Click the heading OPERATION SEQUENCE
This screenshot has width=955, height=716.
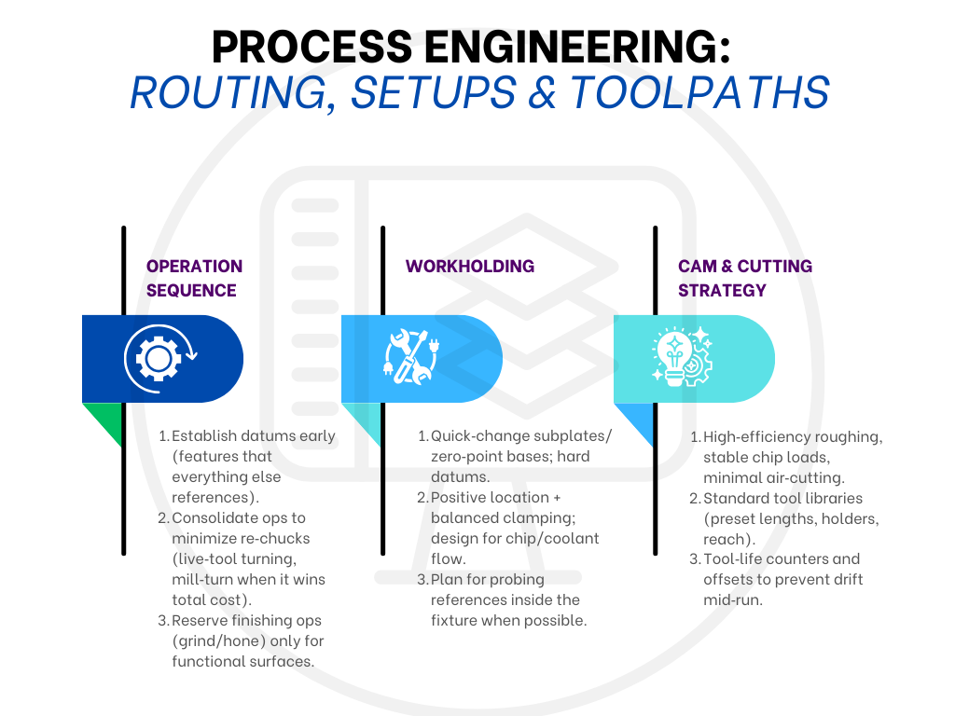click(194, 278)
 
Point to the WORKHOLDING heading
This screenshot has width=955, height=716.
click(470, 267)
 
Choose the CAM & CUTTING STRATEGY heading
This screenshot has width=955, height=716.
click(744, 278)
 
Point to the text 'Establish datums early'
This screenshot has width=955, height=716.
click(253, 436)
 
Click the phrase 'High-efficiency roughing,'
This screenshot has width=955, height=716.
click(792, 437)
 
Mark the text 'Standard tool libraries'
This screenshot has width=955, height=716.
click(782, 498)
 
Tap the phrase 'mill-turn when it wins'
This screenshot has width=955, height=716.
click(248, 580)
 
